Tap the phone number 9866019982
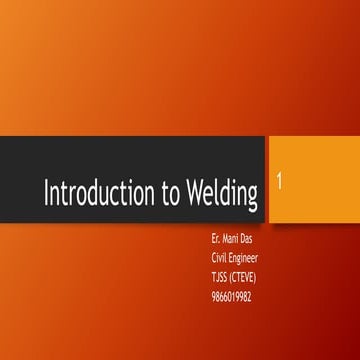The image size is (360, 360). point(224,283)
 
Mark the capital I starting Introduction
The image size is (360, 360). point(45,194)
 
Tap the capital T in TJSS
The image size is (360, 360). point(201,269)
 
